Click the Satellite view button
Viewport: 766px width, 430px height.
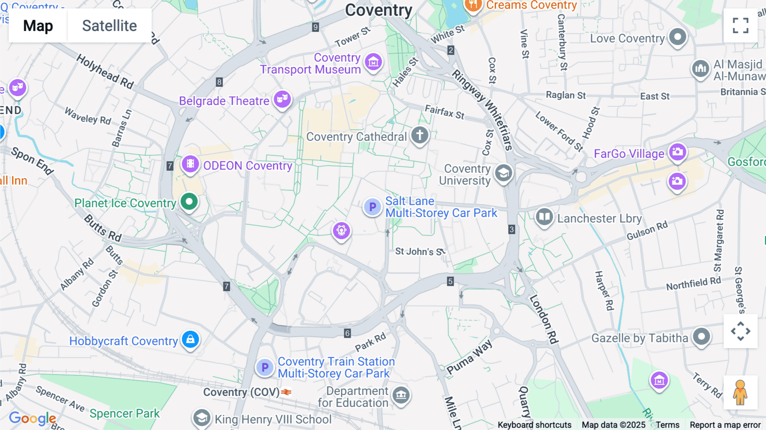109,26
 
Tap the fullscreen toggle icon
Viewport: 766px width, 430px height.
740,26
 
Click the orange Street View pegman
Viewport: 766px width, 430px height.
740,393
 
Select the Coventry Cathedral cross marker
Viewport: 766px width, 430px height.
420,135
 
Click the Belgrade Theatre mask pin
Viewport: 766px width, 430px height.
282,100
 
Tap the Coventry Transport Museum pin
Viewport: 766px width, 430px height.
373,62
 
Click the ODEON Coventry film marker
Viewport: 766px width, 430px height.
190,164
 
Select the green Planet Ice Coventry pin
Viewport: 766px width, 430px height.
189,201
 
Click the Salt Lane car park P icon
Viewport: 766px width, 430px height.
372,207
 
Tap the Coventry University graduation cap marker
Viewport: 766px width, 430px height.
503,173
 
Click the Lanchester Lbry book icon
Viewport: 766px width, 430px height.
544,217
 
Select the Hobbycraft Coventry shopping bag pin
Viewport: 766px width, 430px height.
190,339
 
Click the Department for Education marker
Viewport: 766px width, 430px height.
401,396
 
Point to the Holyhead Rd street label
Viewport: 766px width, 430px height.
105,72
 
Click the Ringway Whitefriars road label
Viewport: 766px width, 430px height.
483,109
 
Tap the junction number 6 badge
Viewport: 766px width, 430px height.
347,333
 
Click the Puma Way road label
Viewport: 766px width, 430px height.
469,357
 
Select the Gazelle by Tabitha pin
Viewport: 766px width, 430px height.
701,337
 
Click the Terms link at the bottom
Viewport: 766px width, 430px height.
667,424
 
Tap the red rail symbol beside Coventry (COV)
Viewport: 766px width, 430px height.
286,392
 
